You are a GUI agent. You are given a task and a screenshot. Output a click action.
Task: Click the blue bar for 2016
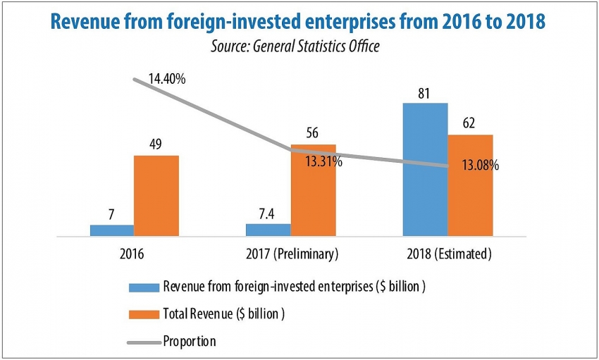(111, 230)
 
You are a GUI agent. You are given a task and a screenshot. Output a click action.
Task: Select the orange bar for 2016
(156, 195)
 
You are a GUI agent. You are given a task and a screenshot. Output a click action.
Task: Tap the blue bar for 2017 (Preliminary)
(268, 229)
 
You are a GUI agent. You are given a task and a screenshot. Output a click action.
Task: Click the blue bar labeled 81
(425, 169)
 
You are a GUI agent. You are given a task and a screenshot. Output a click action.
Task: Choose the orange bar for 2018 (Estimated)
(469, 185)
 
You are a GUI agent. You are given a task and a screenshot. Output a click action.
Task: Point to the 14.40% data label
(167, 79)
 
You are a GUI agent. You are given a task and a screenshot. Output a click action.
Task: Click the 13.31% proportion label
(323, 162)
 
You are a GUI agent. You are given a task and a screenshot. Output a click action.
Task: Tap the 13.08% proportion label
(480, 166)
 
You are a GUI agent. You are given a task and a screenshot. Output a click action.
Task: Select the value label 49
(156, 144)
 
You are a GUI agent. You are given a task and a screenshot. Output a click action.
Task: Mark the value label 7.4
(268, 213)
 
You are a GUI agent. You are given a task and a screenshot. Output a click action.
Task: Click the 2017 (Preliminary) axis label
(290, 253)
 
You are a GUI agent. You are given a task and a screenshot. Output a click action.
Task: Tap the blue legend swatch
(143, 287)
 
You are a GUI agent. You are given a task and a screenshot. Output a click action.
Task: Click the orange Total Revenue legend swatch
(143, 314)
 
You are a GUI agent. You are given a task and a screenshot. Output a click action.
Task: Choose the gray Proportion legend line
(143, 342)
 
